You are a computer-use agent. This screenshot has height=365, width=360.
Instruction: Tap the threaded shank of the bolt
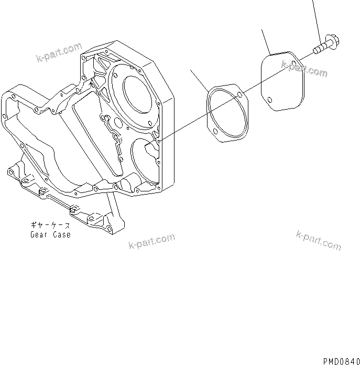click(318, 49)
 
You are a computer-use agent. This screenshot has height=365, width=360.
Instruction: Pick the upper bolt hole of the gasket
click(239, 95)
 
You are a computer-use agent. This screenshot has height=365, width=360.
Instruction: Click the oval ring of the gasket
click(226, 112)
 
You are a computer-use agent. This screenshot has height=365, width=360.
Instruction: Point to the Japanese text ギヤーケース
click(50, 226)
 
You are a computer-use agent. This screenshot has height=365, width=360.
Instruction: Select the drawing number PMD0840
click(340, 361)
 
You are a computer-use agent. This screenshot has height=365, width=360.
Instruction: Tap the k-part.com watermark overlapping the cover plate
click(304, 68)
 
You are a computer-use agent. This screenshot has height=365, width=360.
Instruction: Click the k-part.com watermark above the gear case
click(59, 52)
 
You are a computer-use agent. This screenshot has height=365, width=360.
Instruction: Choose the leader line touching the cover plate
click(266, 42)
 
